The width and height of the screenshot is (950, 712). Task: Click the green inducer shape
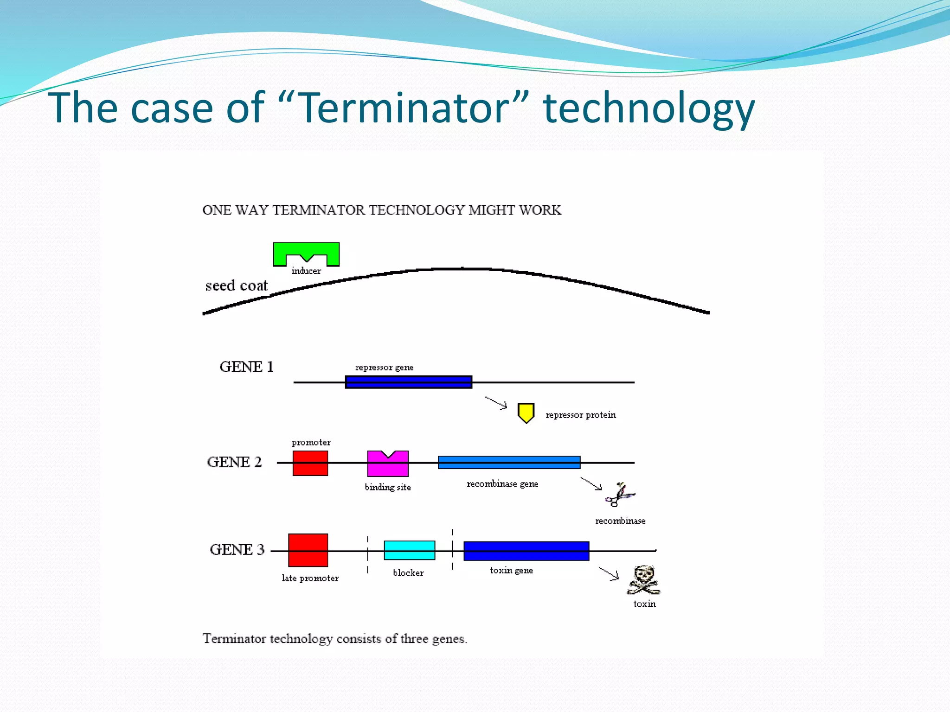(306, 249)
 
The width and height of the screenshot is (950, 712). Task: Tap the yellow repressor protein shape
(526, 412)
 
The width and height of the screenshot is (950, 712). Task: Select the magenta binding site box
(388, 465)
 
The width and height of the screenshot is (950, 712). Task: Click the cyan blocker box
(410, 550)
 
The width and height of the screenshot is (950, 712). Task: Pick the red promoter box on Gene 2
(310, 463)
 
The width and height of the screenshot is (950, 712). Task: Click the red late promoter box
(308, 550)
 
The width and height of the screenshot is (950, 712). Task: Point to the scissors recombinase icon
(619, 495)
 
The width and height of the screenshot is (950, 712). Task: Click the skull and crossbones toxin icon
(643, 580)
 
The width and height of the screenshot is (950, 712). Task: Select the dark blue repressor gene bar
(409, 382)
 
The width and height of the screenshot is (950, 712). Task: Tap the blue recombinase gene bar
(509, 463)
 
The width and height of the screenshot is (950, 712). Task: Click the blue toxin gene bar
(526, 551)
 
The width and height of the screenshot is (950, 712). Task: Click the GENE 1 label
(246, 367)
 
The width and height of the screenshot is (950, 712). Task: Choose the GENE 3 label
(237, 550)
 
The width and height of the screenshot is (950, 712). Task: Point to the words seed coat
(237, 286)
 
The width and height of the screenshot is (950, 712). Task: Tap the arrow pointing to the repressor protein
(496, 403)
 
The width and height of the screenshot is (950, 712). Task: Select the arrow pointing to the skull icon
(609, 573)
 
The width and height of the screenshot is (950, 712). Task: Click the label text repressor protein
(581, 415)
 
